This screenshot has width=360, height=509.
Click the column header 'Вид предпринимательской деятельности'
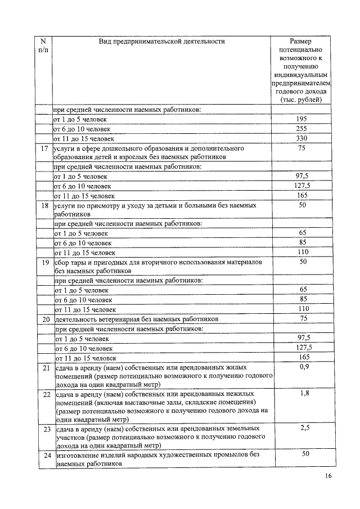(x=161, y=41)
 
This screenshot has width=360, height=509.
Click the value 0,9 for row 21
(x=304, y=367)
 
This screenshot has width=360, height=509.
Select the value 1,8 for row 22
(x=304, y=394)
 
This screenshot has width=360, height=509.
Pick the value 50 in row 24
(x=304, y=454)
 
